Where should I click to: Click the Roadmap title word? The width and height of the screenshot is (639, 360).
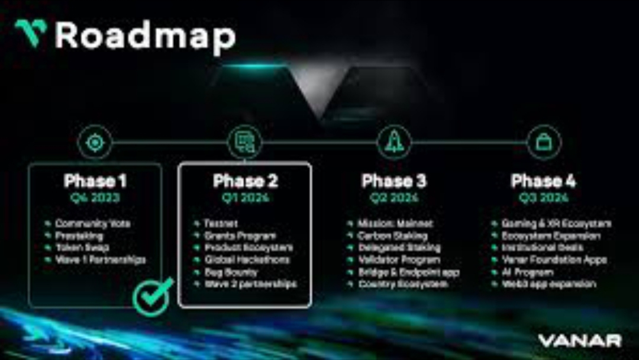pyautogui.click(x=146, y=36)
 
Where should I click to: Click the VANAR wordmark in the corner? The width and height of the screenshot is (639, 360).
pyautogui.click(x=580, y=340)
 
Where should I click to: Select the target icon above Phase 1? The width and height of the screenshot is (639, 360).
pyautogui.click(x=95, y=143)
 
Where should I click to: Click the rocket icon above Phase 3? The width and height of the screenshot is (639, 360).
pyautogui.click(x=394, y=143)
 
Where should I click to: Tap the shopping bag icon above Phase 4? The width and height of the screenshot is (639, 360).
pyautogui.click(x=544, y=143)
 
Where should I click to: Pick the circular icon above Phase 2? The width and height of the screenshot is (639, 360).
pyautogui.click(x=244, y=143)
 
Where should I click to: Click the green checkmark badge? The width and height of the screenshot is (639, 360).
pyautogui.click(x=153, y=296)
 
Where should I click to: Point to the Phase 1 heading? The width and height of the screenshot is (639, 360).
pyautogui.click(x=95, y=181)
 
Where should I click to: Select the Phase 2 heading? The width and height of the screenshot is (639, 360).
pyautogui.click(x=245, y=181)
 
